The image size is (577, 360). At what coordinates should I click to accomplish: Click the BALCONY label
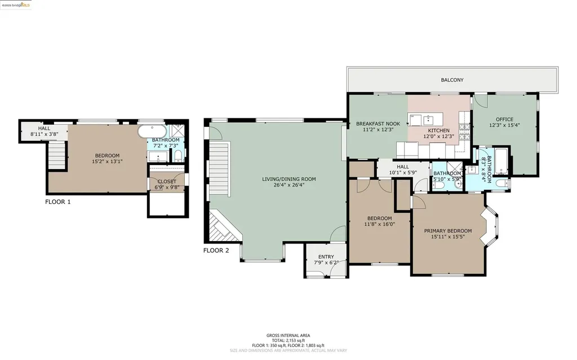click(x=452, y=80)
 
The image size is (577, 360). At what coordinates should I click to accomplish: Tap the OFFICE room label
click(x=504, y=119)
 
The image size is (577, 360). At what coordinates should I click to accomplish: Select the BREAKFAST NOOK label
click(x=378, y=123)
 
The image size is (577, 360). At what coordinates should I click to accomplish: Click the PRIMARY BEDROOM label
click(x=448, y=230)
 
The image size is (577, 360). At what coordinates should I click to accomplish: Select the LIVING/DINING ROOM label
click(x=289, y=179)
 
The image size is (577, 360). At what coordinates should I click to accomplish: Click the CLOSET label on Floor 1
click(x=167, y=181)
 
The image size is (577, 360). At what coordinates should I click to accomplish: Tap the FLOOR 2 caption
click(x=216, y=251)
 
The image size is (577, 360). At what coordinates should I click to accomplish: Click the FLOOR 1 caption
click(x=58, y=201)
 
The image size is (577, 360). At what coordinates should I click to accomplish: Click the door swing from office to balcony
click(x=479, y=100)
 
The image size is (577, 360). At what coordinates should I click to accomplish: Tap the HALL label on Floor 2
click(x=403, y=167)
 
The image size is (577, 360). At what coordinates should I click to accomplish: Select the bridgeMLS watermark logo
click(x=16, y=5)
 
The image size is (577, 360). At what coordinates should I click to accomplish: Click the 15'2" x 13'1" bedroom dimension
click(x=106, y=161)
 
